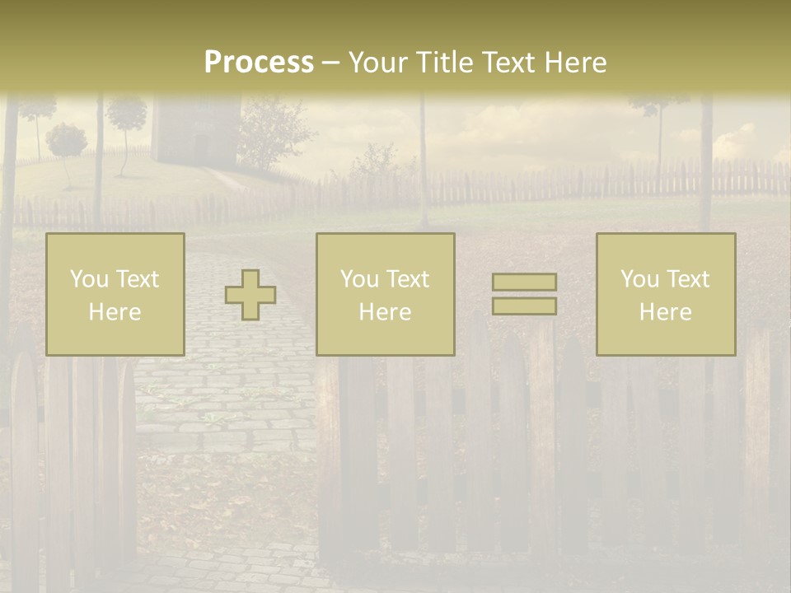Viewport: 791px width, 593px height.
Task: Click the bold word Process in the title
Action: [259, 63]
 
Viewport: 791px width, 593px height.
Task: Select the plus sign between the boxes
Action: [250, 295]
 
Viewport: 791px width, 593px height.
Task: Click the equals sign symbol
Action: [524, 294]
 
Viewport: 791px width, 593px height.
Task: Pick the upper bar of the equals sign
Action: [524, 282]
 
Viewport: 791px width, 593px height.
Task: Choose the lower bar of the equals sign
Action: [524, 306]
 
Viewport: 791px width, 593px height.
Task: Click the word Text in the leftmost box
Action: [138, 279]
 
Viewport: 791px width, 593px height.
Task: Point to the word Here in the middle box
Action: [386, 312]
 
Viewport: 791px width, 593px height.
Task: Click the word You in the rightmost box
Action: [640, 279]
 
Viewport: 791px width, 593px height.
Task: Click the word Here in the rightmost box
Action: [666, 312]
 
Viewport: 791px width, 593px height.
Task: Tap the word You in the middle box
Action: [360, 279]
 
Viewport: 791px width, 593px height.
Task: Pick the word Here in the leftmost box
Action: [115, 312]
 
